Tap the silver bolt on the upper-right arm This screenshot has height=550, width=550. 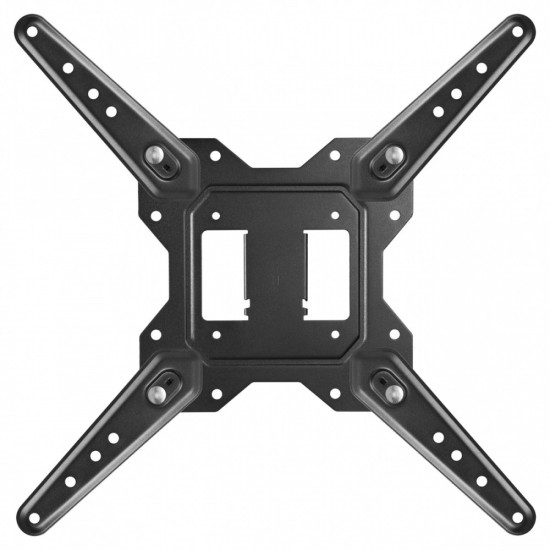pyautogui.click(x=393, y=155)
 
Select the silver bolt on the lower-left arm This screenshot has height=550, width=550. pyautogui.click(x=157, y=392)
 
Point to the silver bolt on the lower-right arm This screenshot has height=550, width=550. pyautogui.click(x=393, y=392)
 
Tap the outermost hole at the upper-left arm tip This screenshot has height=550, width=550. pyautogui.click(x=32, y=33)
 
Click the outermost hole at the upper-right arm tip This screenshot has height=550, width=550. pyautogui.click(x=518, y=33)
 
